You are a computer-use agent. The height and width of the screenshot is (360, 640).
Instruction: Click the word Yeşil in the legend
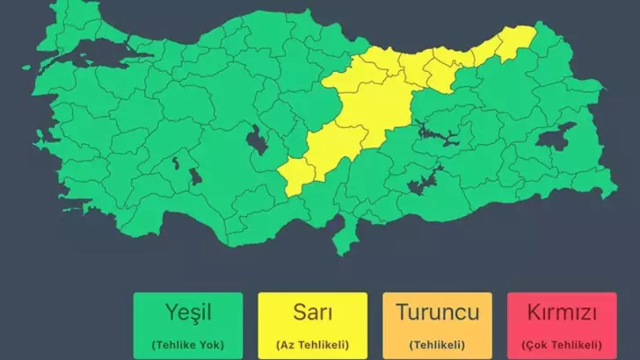[188, 312]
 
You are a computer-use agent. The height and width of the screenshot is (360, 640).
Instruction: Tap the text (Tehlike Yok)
[188, 344]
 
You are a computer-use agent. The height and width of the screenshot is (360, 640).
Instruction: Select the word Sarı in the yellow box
[312, 312]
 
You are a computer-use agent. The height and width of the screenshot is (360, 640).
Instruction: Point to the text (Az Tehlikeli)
[312, 344]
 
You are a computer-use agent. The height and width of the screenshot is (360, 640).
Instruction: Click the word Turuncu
[437, 312]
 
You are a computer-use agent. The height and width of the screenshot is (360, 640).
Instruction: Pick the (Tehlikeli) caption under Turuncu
[437, 344]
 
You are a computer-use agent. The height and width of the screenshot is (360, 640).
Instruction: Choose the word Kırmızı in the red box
[561, 312]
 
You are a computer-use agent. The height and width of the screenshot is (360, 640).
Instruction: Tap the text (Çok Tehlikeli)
[561, 344]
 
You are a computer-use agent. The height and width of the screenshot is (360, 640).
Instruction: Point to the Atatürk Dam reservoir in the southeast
[422, 183]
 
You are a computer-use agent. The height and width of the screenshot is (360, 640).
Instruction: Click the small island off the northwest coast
[26, 67]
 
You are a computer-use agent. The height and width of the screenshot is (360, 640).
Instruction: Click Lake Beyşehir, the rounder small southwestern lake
[195, 176]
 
